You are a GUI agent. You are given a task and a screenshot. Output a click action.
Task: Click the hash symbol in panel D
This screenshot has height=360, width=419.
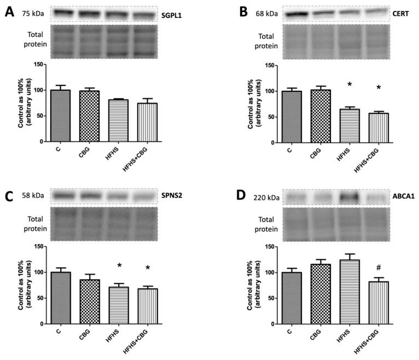378,268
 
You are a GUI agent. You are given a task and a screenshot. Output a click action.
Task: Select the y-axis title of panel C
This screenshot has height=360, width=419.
23,284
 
